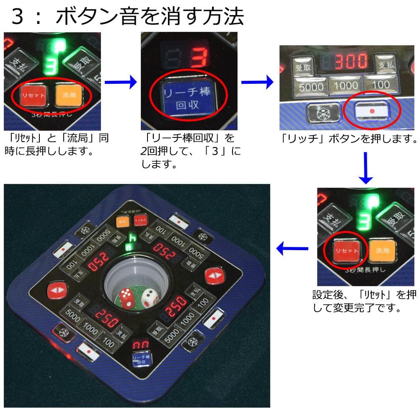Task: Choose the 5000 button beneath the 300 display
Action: pyautogui.click(x=311, y=86)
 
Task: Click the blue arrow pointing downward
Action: pyautogui.click(x=366, y=168)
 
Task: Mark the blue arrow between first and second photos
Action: pyautogui.click(x=121, y=82)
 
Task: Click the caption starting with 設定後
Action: pyautogui.click(x=364, y=301)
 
